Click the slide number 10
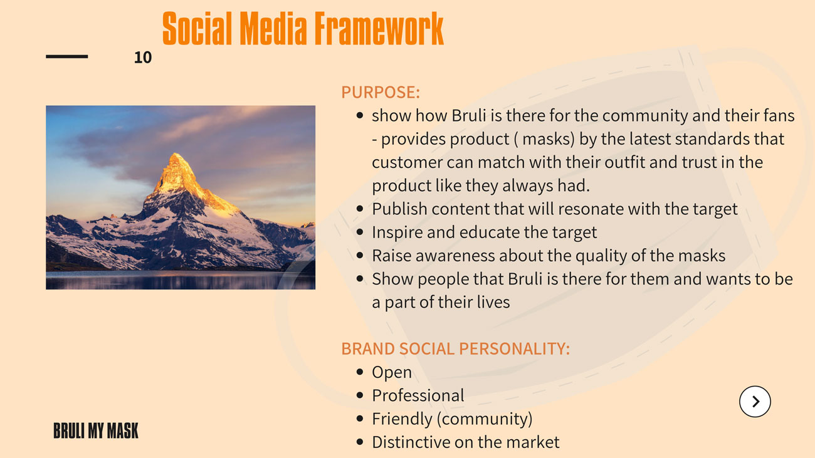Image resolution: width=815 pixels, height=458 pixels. [143, 58]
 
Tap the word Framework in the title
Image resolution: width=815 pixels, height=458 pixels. [379, 28]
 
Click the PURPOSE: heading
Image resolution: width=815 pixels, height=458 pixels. [381, 92]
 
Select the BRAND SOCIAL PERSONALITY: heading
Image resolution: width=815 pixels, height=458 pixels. [456, 348]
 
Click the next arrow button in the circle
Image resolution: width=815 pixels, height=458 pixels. [755, 401]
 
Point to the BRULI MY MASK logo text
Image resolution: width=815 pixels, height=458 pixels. [96, 430]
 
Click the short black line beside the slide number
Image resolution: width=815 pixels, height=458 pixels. [67, 56]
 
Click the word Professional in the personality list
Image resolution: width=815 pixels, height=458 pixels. [418, 395]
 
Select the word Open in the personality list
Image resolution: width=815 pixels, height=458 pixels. [392, 373]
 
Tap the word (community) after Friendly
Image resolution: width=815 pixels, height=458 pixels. [485, 419]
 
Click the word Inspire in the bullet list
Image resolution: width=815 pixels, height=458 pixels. [397, 232]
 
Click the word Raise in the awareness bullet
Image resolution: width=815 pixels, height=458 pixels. [391, 256]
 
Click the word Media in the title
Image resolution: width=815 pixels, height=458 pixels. [273, 28]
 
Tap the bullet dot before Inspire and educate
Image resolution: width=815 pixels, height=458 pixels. [360, 232]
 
